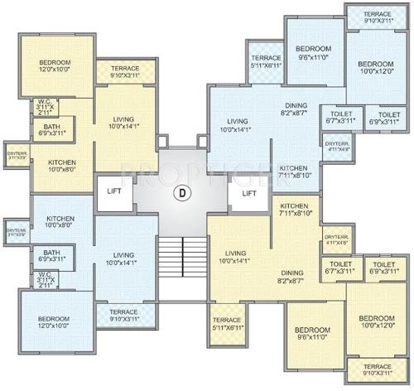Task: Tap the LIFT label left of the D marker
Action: point(115,191)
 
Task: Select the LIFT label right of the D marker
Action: point(249,194)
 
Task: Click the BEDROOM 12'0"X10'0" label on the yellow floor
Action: point(54,67)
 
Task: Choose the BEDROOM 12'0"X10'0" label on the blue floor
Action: point(54,321)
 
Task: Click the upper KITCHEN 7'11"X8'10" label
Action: point(295,171)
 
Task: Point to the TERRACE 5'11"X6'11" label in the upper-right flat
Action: point(267,60)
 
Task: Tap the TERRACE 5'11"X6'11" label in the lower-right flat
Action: point(226,324)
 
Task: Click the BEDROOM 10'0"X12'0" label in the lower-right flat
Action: point(376,323)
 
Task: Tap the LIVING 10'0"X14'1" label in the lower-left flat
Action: point(124,258)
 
